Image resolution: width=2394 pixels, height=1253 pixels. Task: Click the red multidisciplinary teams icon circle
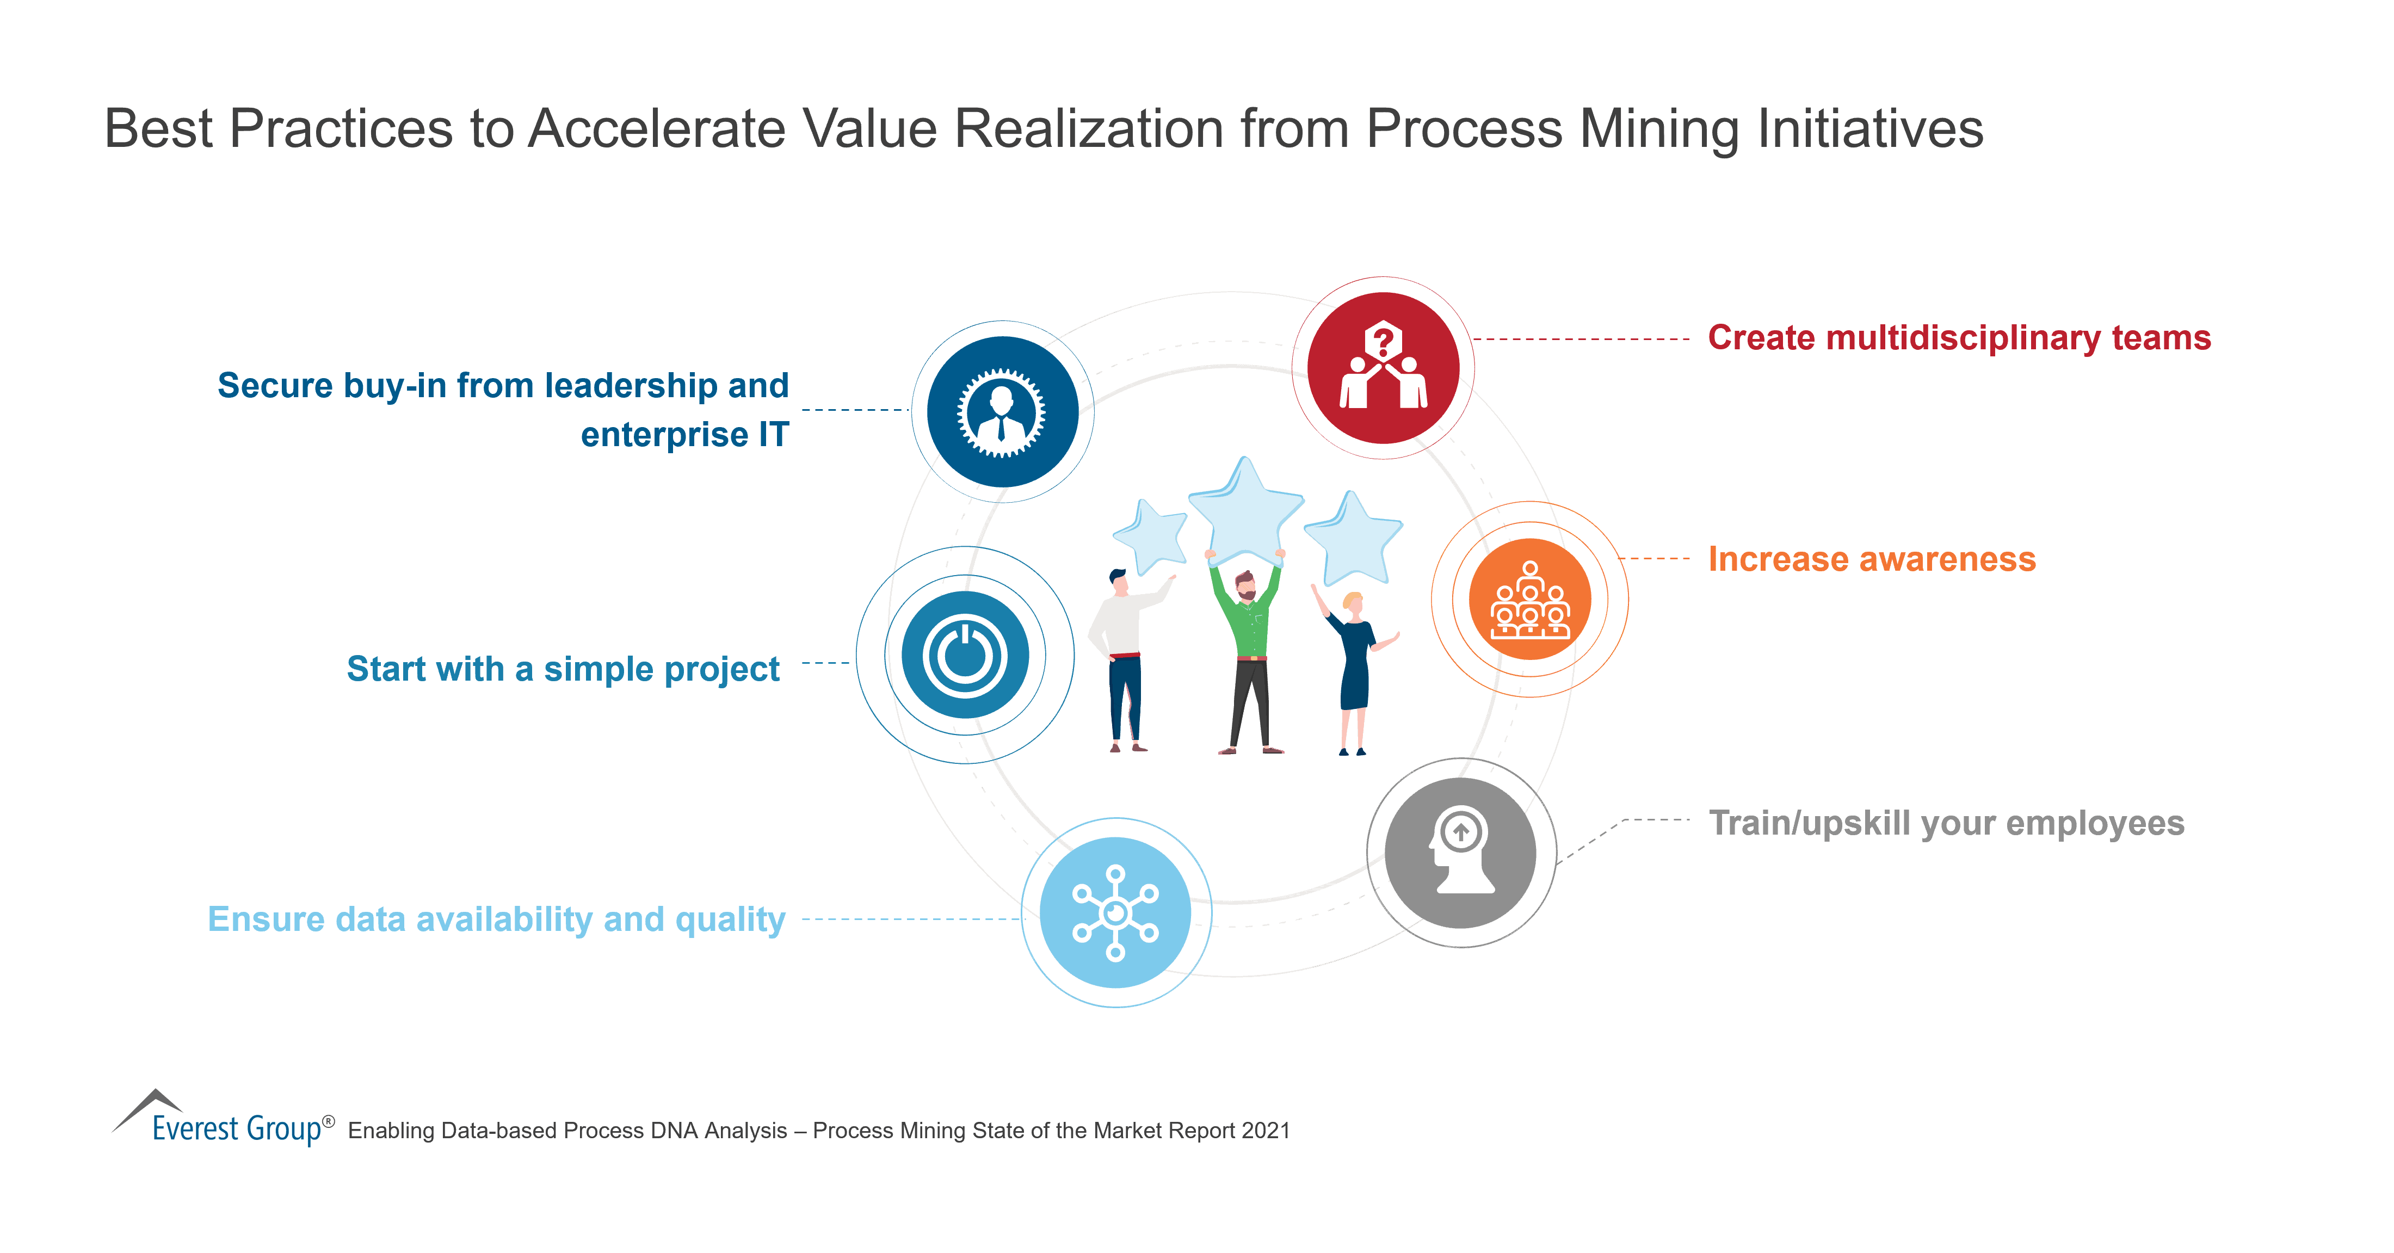point(1383,368)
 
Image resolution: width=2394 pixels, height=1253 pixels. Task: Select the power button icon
point(965,655)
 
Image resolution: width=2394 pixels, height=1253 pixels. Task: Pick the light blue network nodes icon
point(1115,913)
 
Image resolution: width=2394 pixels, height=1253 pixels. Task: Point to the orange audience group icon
point(1529,600)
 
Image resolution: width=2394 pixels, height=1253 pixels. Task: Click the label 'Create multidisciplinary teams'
point(1959,337)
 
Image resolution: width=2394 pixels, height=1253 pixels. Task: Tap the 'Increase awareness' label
point(1872,559)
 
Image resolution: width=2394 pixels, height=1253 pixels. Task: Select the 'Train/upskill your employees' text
point(1946,823)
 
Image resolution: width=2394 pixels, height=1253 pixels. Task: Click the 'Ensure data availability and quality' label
point(496,919)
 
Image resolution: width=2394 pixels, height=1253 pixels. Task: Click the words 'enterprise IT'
point(684,434)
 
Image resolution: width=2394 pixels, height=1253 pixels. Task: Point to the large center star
point(1245,511)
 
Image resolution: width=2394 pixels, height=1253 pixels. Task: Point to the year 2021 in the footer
point(1266,1130)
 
